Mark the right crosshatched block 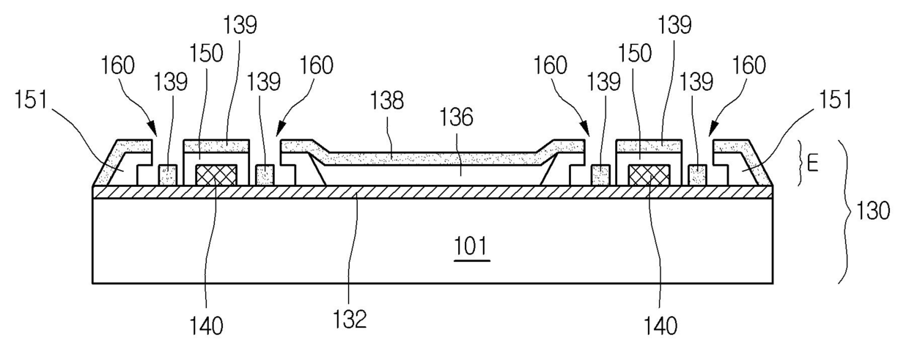coord(649,175)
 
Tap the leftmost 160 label coord(117,66)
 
